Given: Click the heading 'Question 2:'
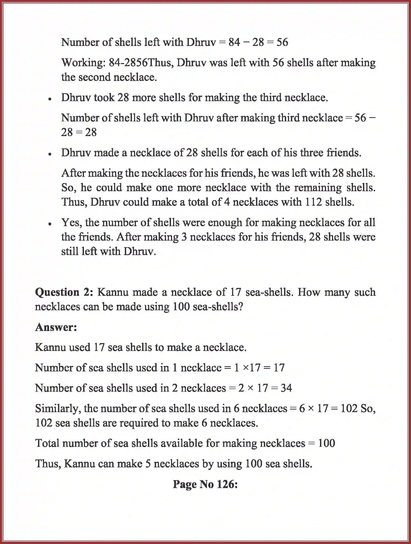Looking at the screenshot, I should tap(64, 292).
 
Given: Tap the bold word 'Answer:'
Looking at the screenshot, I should tap(56, 327).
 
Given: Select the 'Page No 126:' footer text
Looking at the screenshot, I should tap(205, 484).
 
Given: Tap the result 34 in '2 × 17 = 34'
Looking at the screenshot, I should tap(286, 388).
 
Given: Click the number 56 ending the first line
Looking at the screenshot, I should tap(282, 42).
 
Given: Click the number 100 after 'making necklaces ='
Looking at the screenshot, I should tap(326, 443).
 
